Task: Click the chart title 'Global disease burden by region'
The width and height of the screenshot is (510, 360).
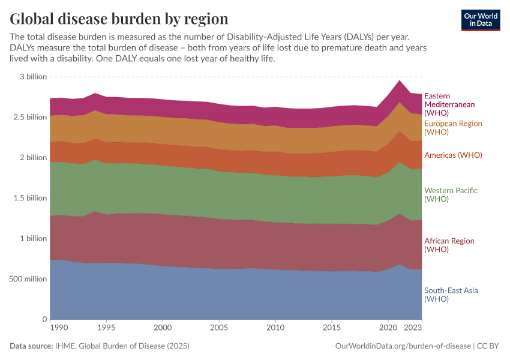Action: pyautogui.click(x=119, y=18)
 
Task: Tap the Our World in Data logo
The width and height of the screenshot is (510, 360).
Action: pyautogui.click(x=480, y=20)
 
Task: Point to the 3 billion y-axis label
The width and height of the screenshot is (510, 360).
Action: pyautogui.click(x=33, y=77)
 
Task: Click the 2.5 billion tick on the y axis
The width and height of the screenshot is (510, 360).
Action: pyautogui.click(x=28, y=117)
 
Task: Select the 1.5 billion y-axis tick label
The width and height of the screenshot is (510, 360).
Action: pyautogui.click(x=28, y=198)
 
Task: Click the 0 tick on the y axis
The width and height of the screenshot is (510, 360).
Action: pyautogui.click(x=44, y=319)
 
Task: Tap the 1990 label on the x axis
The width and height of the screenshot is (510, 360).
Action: pyautogui.click(x=58, y=328)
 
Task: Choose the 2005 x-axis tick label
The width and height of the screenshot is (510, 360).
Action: pyautogui.click(x=218, y=328)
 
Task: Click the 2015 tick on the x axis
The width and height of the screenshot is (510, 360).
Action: pyautogui.click(x=331, y=328)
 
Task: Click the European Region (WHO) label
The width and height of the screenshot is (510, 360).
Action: pyautogui.click(x=453, y=127)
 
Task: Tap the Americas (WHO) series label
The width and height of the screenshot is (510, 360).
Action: pyautogui.click(x=453, y=155)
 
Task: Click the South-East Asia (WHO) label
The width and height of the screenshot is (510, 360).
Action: pyautogui.click(x=451, y=295)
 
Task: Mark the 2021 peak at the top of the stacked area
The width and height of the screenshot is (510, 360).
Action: pyautogui.click(x=400, y=80)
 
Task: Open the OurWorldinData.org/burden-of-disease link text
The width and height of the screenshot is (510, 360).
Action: pyautogui.click(x=402, y=346)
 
